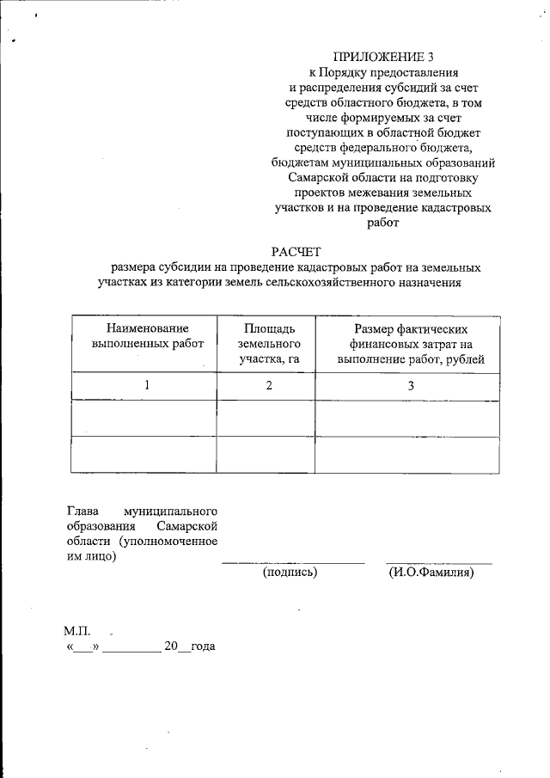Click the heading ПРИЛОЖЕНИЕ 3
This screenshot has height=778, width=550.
pos(384,57)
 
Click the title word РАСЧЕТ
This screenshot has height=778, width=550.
pos(296,251)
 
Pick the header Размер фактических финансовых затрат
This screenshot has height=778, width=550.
pos(411,343)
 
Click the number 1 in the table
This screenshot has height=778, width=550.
pos(147,386)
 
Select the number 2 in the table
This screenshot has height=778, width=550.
pos(269,386)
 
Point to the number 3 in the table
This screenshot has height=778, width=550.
pos(411,386)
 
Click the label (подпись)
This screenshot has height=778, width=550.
pos(290,573)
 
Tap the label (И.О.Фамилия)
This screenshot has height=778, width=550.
pos(431,573)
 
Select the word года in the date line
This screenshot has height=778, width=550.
pos(203,646)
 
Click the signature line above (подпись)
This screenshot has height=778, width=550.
pos(292,562)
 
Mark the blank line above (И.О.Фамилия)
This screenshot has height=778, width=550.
pos(438,562)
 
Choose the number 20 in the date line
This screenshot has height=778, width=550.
pos(170,646)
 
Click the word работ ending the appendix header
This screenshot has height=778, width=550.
pos(384,222)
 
